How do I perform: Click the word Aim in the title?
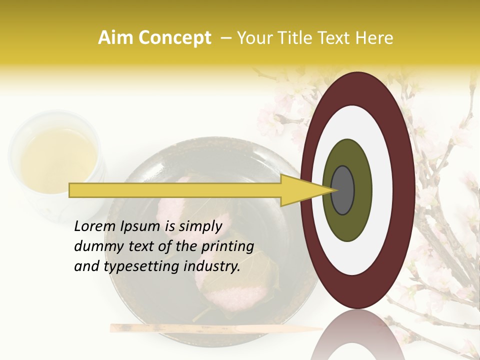point(115,38)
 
